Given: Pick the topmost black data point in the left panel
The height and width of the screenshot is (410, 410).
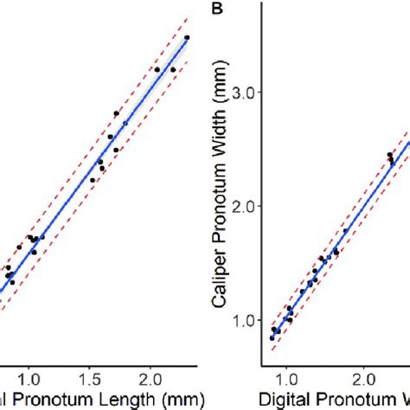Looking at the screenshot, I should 187,38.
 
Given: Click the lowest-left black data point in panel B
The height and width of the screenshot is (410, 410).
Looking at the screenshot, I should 272,338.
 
